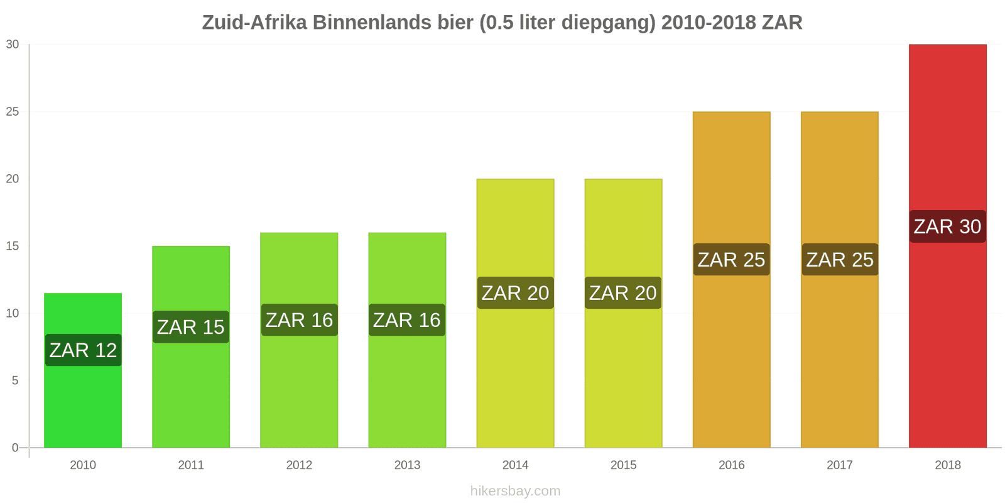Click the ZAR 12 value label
pyautogui.click(x=83, y=350)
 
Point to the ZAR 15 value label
pyautogui.click(x=191, y=327)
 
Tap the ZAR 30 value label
pyautogui.click(x=947, y=226)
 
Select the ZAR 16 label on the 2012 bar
pyautogui.click(x=299, y=320)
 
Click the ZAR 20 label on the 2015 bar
pyautogui.click(x=623, y=293)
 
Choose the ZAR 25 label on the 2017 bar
pyautogui.click(x=840, y=260)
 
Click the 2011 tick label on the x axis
pyautogui.click(x=191, y=465)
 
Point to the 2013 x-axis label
pyautogui.click(x=407, y=465)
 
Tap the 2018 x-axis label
pyautogui.click(x=947, y=465)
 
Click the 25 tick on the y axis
pyautogui.click(x=13, y=112)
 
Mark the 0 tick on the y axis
pyautogui.click(x=15, y=448)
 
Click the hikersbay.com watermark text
pyautogui.click(x=515, y=491)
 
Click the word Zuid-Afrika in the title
pyautogui.click(x=254, y=23)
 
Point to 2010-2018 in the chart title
pyautogui.click(x=708, y=23)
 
